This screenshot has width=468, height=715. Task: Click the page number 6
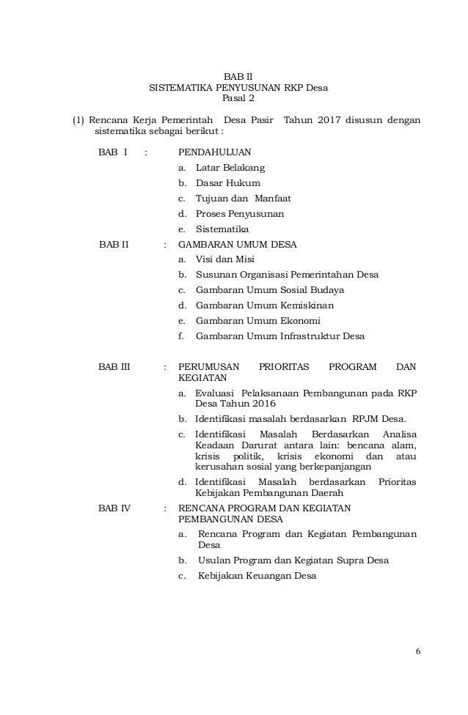point(417,651)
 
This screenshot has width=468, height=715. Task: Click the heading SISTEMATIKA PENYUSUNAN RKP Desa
point(238,87)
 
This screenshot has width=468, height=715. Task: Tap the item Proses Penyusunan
point(240,214)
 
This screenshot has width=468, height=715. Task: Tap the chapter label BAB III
point(114,366)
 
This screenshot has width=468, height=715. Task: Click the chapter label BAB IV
point(114,508)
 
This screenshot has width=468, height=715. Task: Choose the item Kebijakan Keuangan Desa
point(257,576)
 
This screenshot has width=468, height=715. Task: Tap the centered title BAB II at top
point(238,75)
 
